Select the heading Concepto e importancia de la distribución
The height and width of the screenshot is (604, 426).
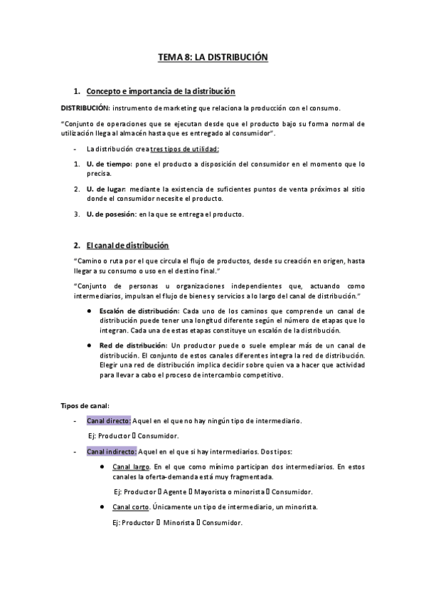(x=160, y=92)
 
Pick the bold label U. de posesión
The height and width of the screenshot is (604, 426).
(x=112, y=214)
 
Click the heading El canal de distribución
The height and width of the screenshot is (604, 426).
(x=127, y=246)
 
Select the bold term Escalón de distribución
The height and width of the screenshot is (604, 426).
(x=139, y=311)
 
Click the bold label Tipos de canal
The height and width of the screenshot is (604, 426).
(x=84, y=405)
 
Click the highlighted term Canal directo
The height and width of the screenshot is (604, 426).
(x=109, y=421)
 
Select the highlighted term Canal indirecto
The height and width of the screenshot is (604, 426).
(x=112, y=452)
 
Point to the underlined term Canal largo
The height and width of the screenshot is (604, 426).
(x=131, y=467)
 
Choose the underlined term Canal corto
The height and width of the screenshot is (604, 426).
(x=131, y=506)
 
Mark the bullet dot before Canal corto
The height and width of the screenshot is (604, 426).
(x=104, y=506)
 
